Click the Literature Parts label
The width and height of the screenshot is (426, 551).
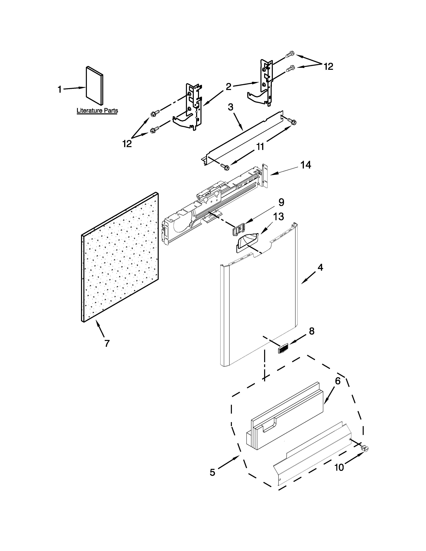(97, 111)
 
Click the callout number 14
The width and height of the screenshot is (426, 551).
(306, 165)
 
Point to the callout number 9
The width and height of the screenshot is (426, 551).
(281, 202)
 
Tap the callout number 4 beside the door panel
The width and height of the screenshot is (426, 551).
(320, 267)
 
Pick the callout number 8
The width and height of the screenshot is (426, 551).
(312, 331)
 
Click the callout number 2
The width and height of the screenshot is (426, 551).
(228, 87)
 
